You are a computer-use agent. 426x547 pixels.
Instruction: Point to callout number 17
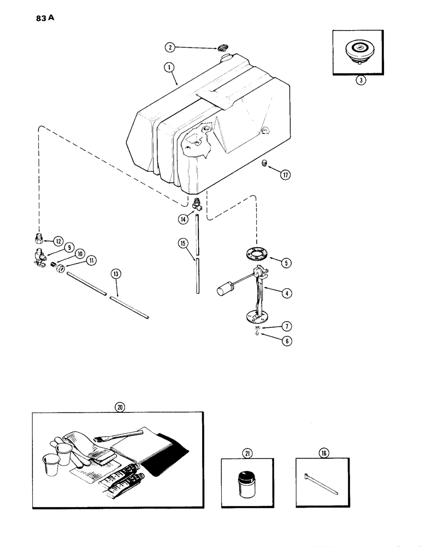coord(285,176)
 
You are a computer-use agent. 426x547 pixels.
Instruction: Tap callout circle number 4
coord(285,294)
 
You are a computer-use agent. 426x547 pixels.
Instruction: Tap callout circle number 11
coord(91,261)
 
